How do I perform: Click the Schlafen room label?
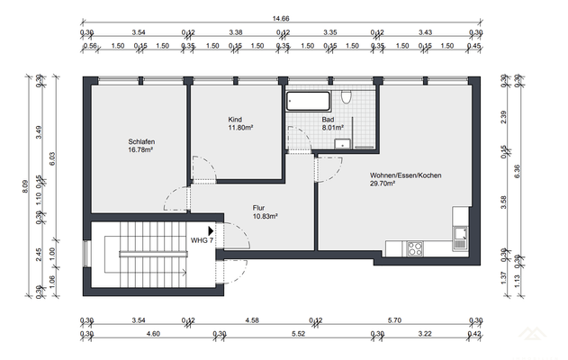140,141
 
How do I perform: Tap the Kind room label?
236,119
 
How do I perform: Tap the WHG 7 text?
202,241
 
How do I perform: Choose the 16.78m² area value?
140,149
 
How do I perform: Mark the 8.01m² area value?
334,128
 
